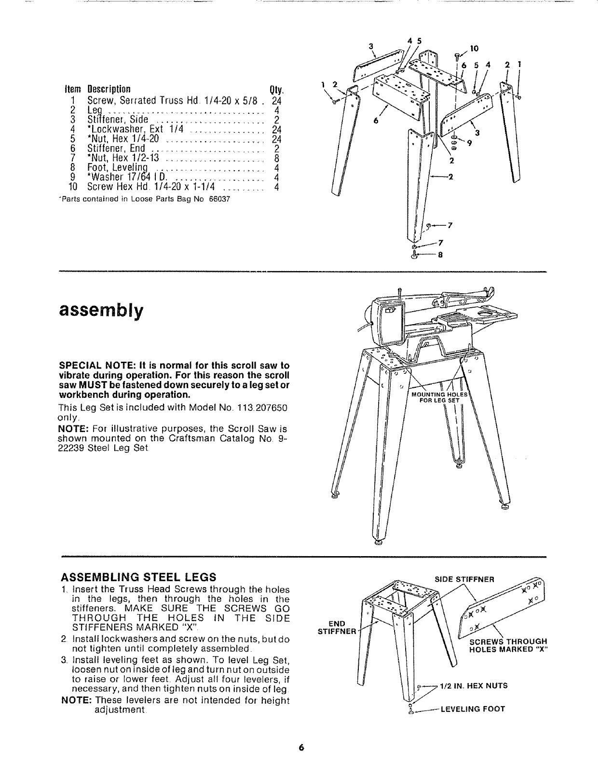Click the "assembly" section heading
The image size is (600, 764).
(101, 311)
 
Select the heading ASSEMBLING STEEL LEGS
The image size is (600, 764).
(138, 577)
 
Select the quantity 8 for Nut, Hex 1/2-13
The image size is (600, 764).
(276, 158)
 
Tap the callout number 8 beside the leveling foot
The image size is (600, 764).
(440, 256)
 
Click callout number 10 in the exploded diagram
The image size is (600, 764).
(474, 48)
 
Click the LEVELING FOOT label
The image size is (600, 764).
(466, 709)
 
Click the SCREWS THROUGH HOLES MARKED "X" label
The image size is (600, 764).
(508, 645)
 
